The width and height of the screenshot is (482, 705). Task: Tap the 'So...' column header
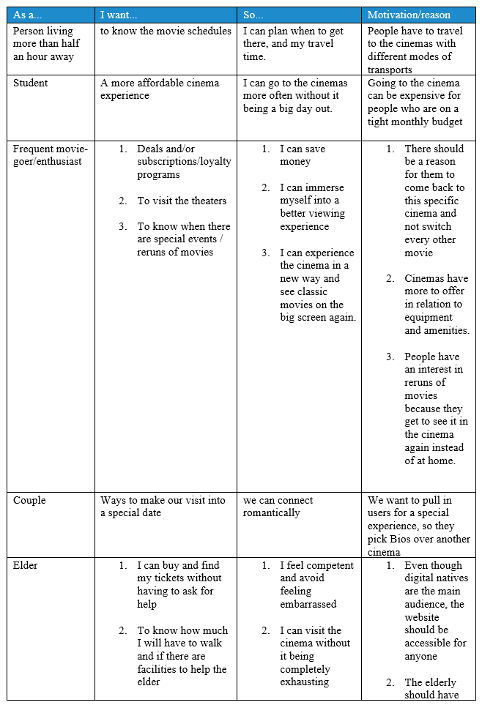coord(254,15)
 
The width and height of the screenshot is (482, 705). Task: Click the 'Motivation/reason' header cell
coord(409,15)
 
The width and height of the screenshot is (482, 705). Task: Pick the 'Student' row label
coord(31,83)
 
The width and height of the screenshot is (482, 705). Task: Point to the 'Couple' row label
coord(29,500)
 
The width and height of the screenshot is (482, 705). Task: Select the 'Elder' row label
coord(26,565)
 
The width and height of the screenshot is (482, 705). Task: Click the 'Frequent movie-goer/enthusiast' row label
coord(50,155)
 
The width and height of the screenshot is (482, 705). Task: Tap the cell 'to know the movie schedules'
coord(166,31)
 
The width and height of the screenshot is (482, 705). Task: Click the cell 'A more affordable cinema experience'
coord(160,89)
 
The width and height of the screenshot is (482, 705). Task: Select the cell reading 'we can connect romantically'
coord(278,507)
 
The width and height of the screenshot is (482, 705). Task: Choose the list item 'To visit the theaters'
coord(182,201)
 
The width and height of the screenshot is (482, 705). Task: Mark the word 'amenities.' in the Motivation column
coord(437,330)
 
